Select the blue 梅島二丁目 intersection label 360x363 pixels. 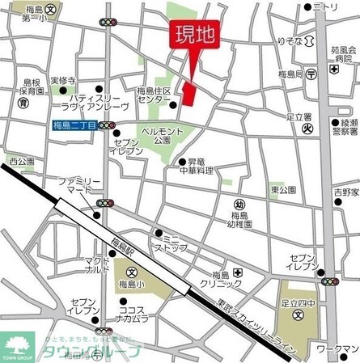coord(74,125)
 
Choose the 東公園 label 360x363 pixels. coord(281,189)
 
